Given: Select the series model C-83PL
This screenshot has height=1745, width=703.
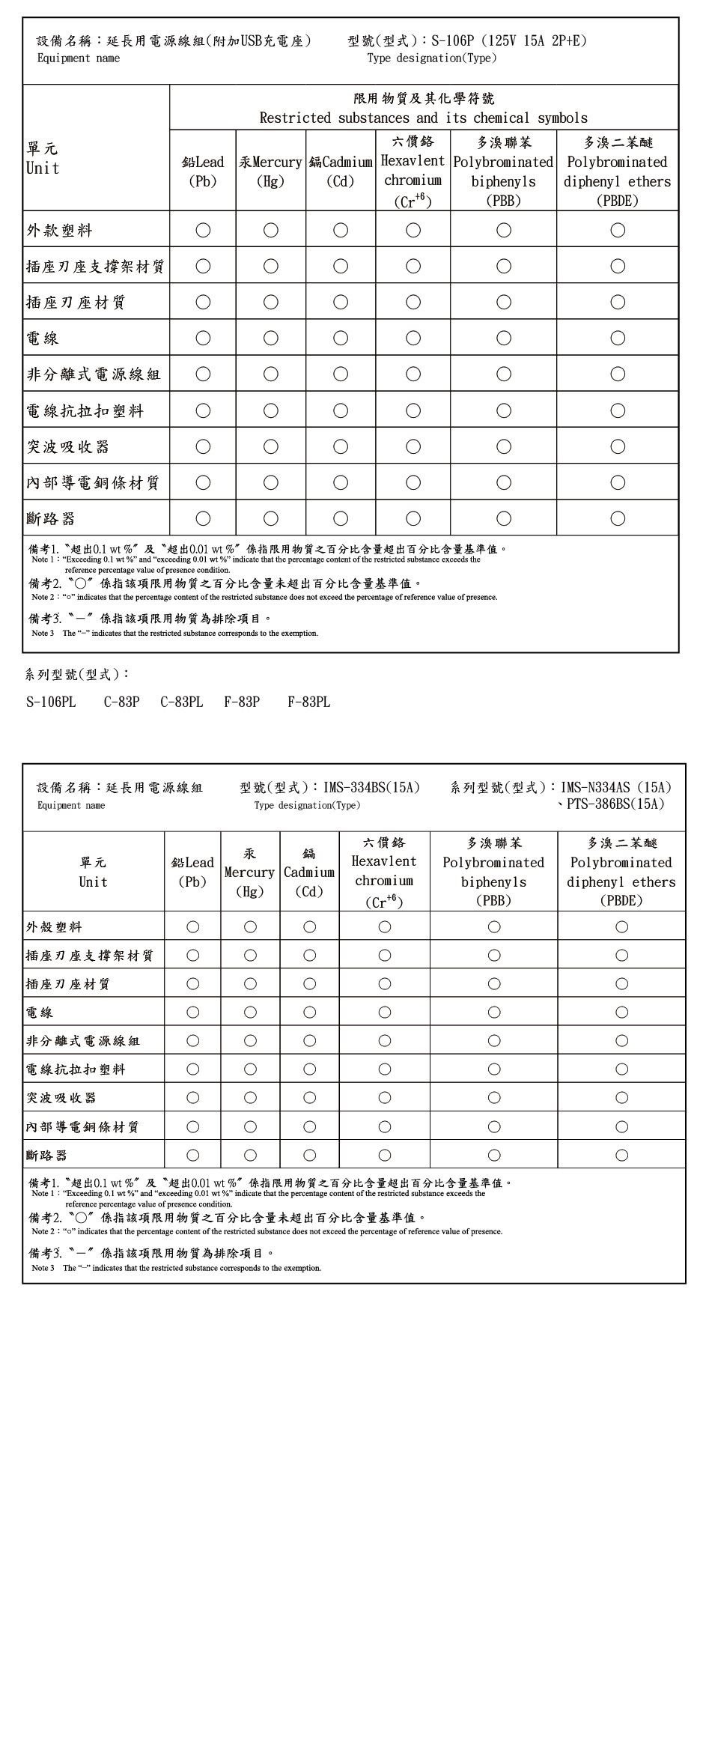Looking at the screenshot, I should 181,702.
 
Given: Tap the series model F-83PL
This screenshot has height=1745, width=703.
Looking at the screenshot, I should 308,702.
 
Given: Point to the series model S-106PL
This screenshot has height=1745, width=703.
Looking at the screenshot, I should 51,702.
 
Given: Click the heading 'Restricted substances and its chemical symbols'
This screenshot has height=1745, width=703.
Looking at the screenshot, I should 423,118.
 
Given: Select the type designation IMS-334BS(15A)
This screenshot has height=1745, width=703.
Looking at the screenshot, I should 371,787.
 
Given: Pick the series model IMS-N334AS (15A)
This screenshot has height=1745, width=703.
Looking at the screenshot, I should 615,787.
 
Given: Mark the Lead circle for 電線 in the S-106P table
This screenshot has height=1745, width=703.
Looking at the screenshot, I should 203,338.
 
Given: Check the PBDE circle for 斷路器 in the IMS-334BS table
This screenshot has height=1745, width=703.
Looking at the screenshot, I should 621,1155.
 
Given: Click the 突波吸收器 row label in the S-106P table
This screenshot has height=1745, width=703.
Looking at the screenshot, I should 68,446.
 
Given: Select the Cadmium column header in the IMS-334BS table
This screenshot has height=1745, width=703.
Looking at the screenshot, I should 309,872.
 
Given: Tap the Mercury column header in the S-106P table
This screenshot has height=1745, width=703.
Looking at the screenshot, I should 270,171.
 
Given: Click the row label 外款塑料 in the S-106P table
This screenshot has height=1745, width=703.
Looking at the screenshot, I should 60,230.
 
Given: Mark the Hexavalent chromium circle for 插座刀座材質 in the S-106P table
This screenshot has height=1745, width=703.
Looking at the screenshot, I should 413,302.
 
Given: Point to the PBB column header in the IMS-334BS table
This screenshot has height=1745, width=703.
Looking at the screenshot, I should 493,872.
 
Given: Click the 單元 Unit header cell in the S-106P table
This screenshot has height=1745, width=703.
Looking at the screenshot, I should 43,158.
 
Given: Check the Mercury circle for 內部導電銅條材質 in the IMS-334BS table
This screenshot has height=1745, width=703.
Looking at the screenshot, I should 250,1126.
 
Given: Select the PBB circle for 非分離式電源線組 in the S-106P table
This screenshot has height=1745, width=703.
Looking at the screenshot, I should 504,374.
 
